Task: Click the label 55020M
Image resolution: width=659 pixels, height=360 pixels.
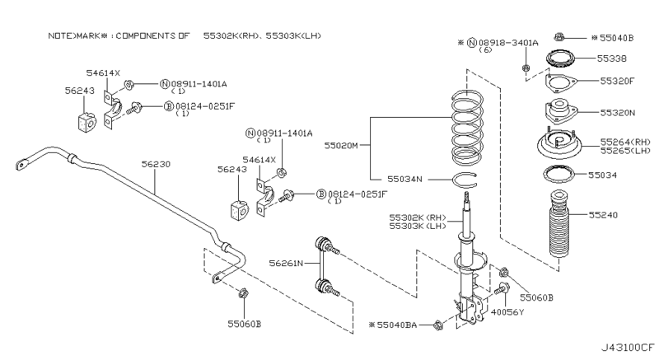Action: (x=341, y=145)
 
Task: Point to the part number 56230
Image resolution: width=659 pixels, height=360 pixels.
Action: (x=155, y=164)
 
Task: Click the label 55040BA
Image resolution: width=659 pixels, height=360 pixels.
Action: (x=400, y=327)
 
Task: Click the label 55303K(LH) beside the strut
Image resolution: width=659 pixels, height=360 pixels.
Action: (x=418, y=227)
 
